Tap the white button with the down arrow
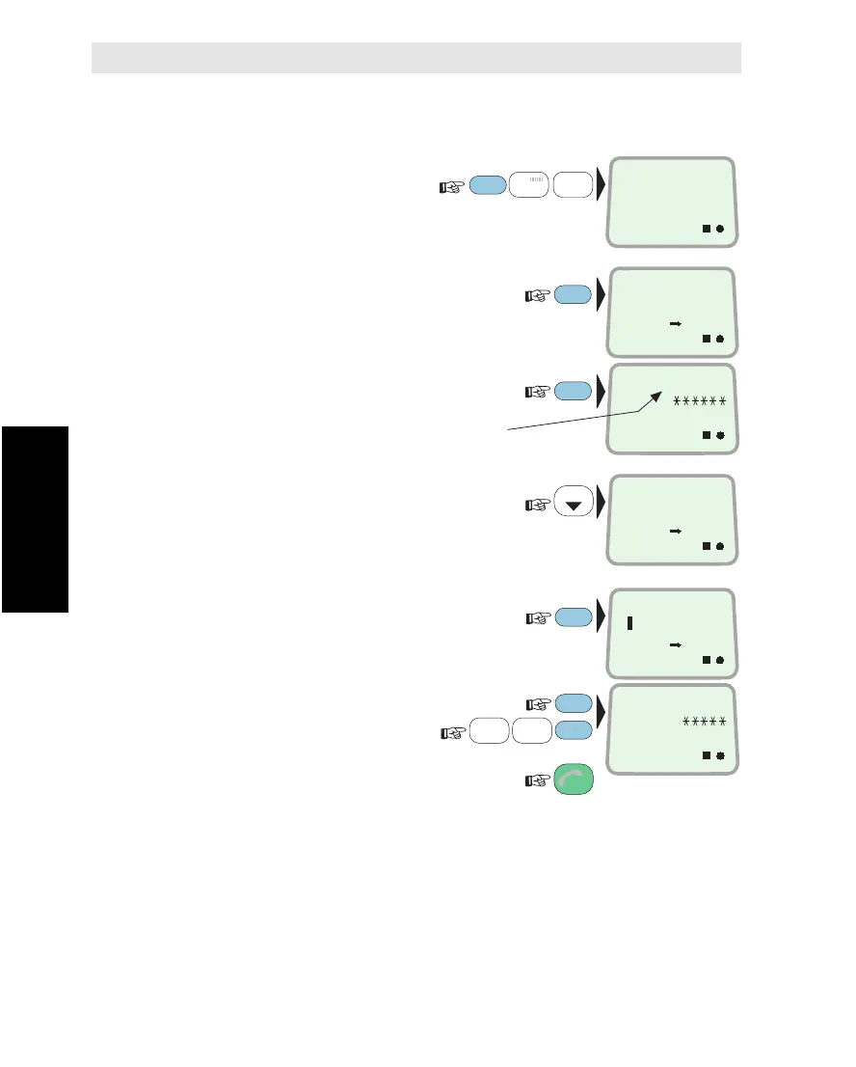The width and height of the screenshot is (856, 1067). tap(573, 504)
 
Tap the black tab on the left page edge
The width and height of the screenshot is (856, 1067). tap(35, 519)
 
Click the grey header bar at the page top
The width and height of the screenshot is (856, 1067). tap(415, 58)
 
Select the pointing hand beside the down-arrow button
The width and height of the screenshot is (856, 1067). tap(536, 504)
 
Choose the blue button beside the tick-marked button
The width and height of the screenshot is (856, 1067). tap(488, 183)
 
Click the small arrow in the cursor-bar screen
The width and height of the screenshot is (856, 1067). tap(676, 643)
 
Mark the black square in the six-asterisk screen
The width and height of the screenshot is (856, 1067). tap(706, 436)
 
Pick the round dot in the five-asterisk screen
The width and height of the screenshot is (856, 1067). tap(720, 754)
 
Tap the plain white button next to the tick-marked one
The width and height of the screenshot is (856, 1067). tap(573, 183)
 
